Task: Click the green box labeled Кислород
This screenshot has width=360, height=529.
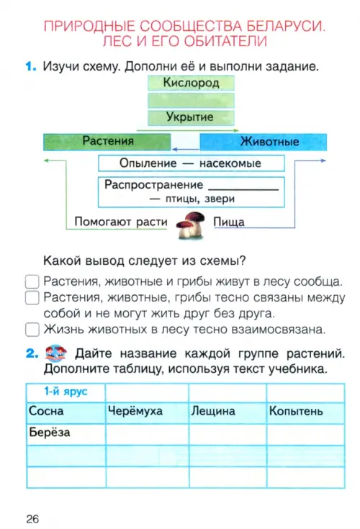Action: [191, 83]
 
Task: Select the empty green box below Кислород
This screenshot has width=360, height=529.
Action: [191, 100]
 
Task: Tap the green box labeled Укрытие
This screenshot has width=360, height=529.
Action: [191, 117]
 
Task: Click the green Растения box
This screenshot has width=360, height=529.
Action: [107, 142]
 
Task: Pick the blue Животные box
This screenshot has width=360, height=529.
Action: [264, 142]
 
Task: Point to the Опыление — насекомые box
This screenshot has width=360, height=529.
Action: [192, 163]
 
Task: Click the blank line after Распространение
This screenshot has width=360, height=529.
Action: [243, 189]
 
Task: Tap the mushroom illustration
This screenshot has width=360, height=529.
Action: [191, 225]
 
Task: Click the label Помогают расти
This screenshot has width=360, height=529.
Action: [121, 222]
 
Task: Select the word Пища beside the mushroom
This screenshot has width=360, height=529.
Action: [229, 222]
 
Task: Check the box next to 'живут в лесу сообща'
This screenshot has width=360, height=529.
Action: [32, 281]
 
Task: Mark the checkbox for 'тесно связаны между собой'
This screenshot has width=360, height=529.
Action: [32, 297]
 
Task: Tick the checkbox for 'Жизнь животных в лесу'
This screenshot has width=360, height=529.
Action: [32, 330]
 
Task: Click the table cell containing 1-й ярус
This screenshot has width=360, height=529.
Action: [66, 392]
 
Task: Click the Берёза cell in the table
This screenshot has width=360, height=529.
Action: [66, 434]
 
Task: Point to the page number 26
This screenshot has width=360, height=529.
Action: [32, 519]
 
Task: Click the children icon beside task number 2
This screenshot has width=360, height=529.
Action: [55, 353]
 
